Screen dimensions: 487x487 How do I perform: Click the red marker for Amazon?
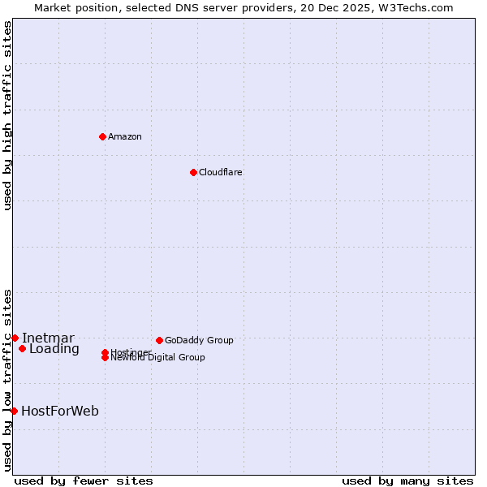(102, 136)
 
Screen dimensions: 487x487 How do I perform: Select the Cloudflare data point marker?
(193, 172)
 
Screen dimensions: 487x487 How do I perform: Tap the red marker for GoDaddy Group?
(159, 340)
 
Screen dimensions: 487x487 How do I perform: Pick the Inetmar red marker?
(15, 338)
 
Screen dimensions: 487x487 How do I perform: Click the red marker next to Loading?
(22, 349)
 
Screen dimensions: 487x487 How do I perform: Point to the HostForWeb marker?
(14, 411)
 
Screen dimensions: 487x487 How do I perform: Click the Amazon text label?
(125, 136)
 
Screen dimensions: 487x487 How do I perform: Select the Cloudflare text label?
(220, 172)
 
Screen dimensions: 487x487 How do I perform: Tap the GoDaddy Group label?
(199, 340)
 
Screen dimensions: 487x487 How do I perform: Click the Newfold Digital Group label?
(157, 358)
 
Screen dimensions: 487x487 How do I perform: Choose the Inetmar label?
(48, 338)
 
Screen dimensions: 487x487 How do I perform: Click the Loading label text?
(54, 349)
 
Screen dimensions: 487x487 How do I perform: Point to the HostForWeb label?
(60, 411)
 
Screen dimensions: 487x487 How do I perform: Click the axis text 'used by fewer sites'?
(84, 481)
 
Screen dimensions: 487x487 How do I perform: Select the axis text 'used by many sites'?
(407, 481)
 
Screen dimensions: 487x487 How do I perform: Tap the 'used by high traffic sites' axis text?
(7, 115)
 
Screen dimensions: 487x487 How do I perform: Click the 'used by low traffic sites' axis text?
(7, 379)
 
